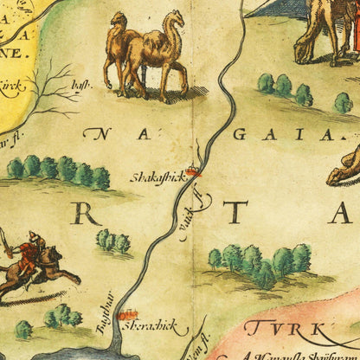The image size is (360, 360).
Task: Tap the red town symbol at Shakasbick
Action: pos(193,171)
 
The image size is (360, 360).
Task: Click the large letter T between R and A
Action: pos(237,213)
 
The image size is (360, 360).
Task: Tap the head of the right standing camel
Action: pos(174,20)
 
